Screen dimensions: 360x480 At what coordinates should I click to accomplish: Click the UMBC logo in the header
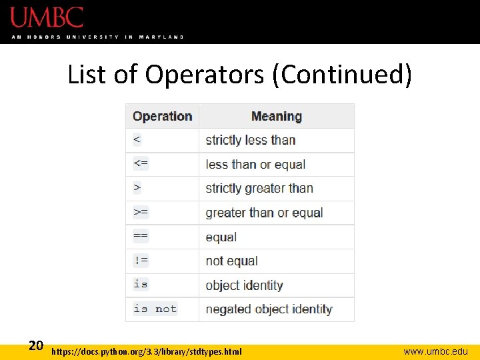tap(47, 17)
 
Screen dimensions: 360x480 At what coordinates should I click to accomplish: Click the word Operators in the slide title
tap(204, 75)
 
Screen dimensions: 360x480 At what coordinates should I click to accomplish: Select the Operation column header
tap(162, 116)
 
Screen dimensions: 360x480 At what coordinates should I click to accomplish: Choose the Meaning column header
tap(276, 116)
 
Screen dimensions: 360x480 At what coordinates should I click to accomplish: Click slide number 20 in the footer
tap(36, 345)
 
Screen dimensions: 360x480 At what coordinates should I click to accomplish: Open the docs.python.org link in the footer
tap(147, 351)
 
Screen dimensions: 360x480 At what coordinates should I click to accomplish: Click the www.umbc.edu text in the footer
tap(435, 351)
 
